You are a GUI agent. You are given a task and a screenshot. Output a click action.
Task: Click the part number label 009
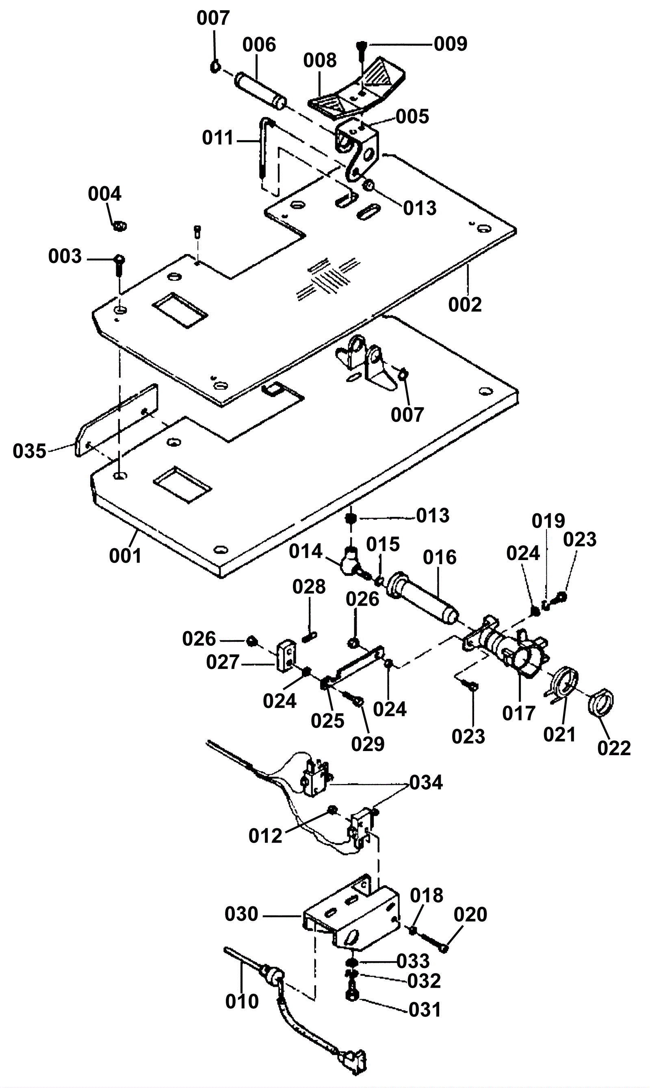coord(450,44)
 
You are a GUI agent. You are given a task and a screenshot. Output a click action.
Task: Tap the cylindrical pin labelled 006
coord(261,91)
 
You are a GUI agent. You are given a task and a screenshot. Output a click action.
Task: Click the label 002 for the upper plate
coord(465,304)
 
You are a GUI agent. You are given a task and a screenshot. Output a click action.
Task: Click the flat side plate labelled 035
coord(117,420)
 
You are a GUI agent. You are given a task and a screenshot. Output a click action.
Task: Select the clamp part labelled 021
coord(565,684)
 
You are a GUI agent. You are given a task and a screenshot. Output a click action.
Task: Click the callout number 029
coord(368,744)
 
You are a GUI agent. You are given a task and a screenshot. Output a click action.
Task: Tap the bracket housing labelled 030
coord(351,912)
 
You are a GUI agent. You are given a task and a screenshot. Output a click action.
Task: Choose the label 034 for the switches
coord(426,782)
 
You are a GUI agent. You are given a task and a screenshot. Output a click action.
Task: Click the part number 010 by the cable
coord(242,1001)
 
